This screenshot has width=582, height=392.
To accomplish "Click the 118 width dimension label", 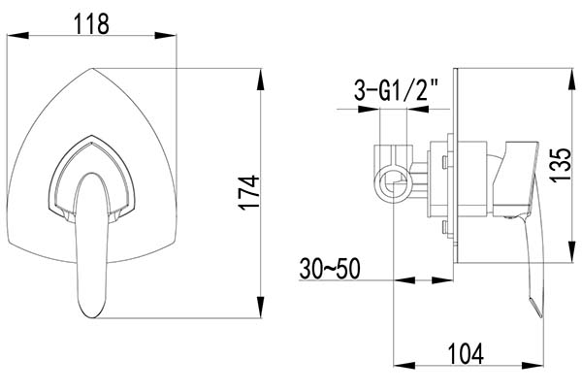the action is pos(92,23).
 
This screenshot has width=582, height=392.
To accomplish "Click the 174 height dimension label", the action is pos(248,193).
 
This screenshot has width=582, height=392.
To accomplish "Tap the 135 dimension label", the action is pos(560,165).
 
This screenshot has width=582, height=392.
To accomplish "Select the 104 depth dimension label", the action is pos(466,354).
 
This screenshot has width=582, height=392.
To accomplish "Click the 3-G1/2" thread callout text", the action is pos(397,90).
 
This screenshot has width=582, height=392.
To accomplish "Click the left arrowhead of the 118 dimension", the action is pos(17,35).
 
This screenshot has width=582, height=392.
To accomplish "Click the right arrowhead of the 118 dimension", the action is pos(165,35).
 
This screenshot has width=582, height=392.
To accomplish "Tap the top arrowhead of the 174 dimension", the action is pos(261,80).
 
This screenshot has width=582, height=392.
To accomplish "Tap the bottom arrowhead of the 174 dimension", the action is pos(261,307).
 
